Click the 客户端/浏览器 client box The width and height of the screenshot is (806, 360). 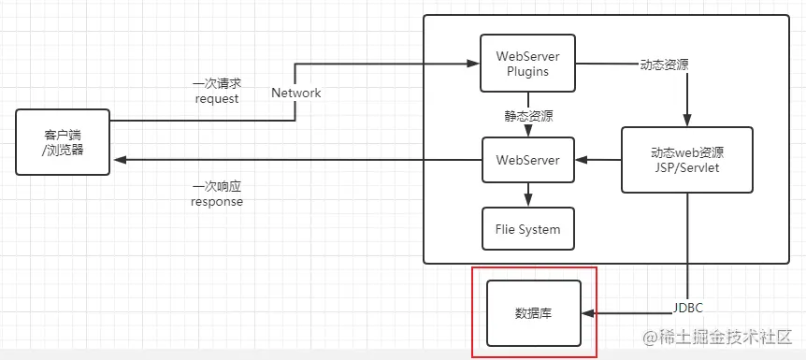(63, 141)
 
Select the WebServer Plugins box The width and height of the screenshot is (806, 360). (527, 64)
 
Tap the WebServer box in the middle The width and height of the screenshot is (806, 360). (527, 160)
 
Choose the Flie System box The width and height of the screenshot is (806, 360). (527, 229)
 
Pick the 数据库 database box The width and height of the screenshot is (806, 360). (534, 313)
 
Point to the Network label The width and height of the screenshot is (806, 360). (296, 93)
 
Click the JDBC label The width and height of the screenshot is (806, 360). (688, 308)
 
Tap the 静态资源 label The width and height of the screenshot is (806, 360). (527, 117)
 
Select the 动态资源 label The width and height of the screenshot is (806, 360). (666, 65)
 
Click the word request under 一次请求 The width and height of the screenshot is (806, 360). (217, 98)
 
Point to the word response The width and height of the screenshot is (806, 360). (217, 201)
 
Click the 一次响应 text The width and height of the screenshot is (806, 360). (217, 186)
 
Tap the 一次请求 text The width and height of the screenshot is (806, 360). (217, 83)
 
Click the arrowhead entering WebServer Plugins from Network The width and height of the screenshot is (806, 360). (474, 64)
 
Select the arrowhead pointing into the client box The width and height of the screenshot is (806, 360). (116, 160)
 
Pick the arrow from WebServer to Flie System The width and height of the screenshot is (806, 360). (527, 195)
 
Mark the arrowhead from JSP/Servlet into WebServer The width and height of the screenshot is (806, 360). (580, 160)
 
